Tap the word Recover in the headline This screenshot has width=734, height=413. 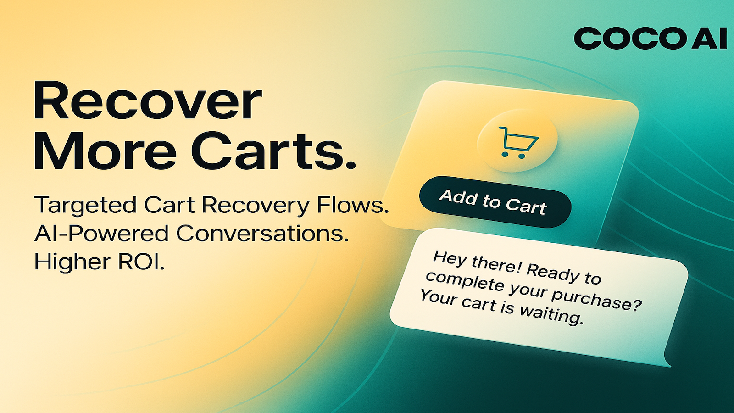[x=148, y=101]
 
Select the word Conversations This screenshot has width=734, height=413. [x=262, y=233]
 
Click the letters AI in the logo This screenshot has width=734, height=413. [x=709, y=39]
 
